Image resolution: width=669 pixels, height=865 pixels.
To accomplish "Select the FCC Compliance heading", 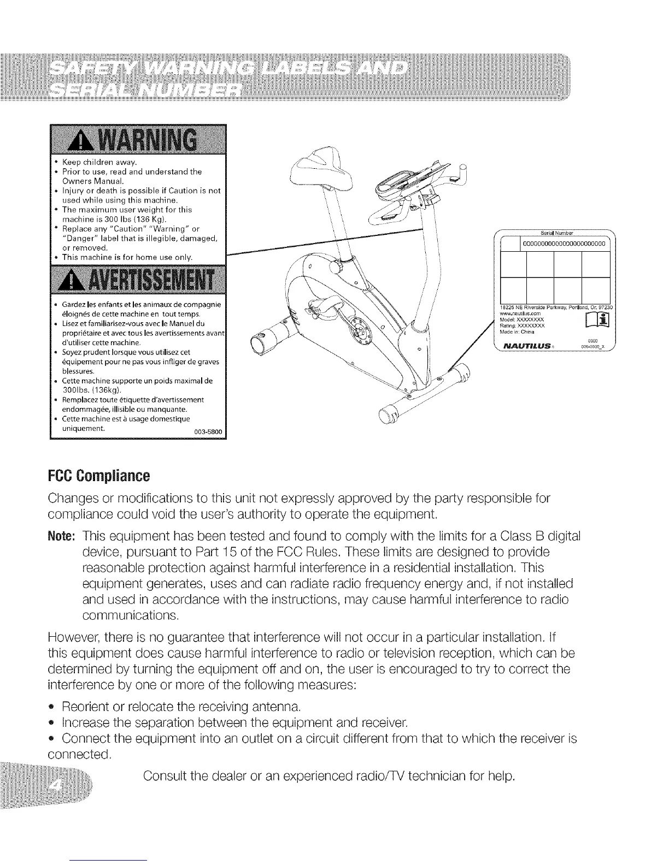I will [99, 476].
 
